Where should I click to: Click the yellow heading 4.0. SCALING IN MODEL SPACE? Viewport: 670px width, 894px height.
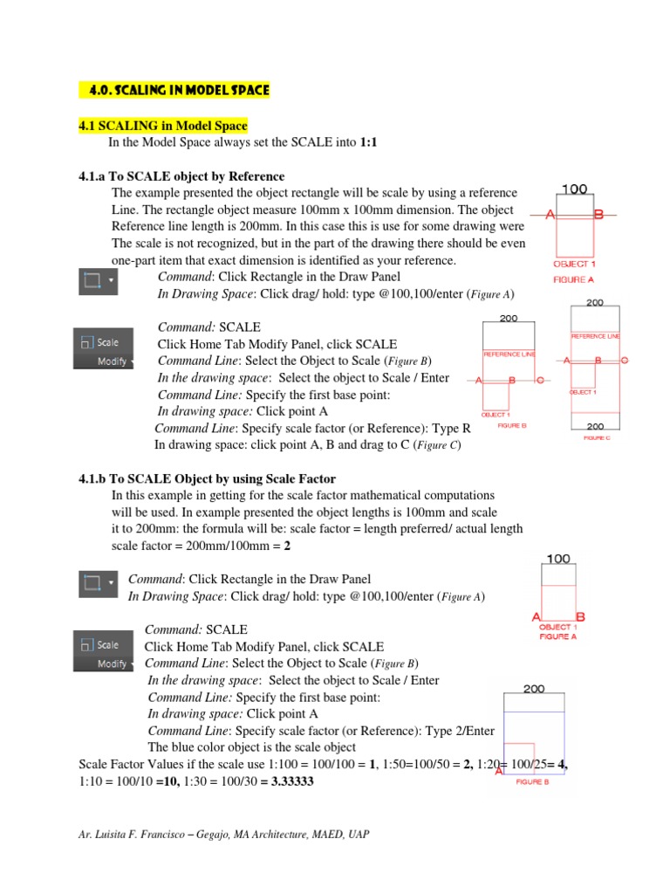point(174,90)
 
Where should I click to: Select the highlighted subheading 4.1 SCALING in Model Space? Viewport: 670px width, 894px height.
point(163,127)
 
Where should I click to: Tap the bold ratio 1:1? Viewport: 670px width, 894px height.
point(370,141)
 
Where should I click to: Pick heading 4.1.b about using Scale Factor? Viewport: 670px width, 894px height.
point(207,478)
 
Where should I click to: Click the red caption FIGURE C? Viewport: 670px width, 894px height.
point(597,437)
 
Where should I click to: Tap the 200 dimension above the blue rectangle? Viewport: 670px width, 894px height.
point(534,689)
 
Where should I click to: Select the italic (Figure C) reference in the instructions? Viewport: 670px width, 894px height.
point(431,445)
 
